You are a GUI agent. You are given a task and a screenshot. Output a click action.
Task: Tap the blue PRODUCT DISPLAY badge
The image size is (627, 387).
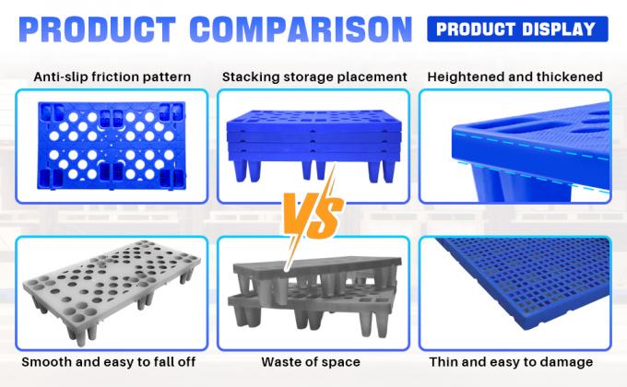pyautogui.click(x=516, y=28)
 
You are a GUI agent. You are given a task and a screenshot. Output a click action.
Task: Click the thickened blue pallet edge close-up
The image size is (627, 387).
pyautogui.click(x=515, y=147)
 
